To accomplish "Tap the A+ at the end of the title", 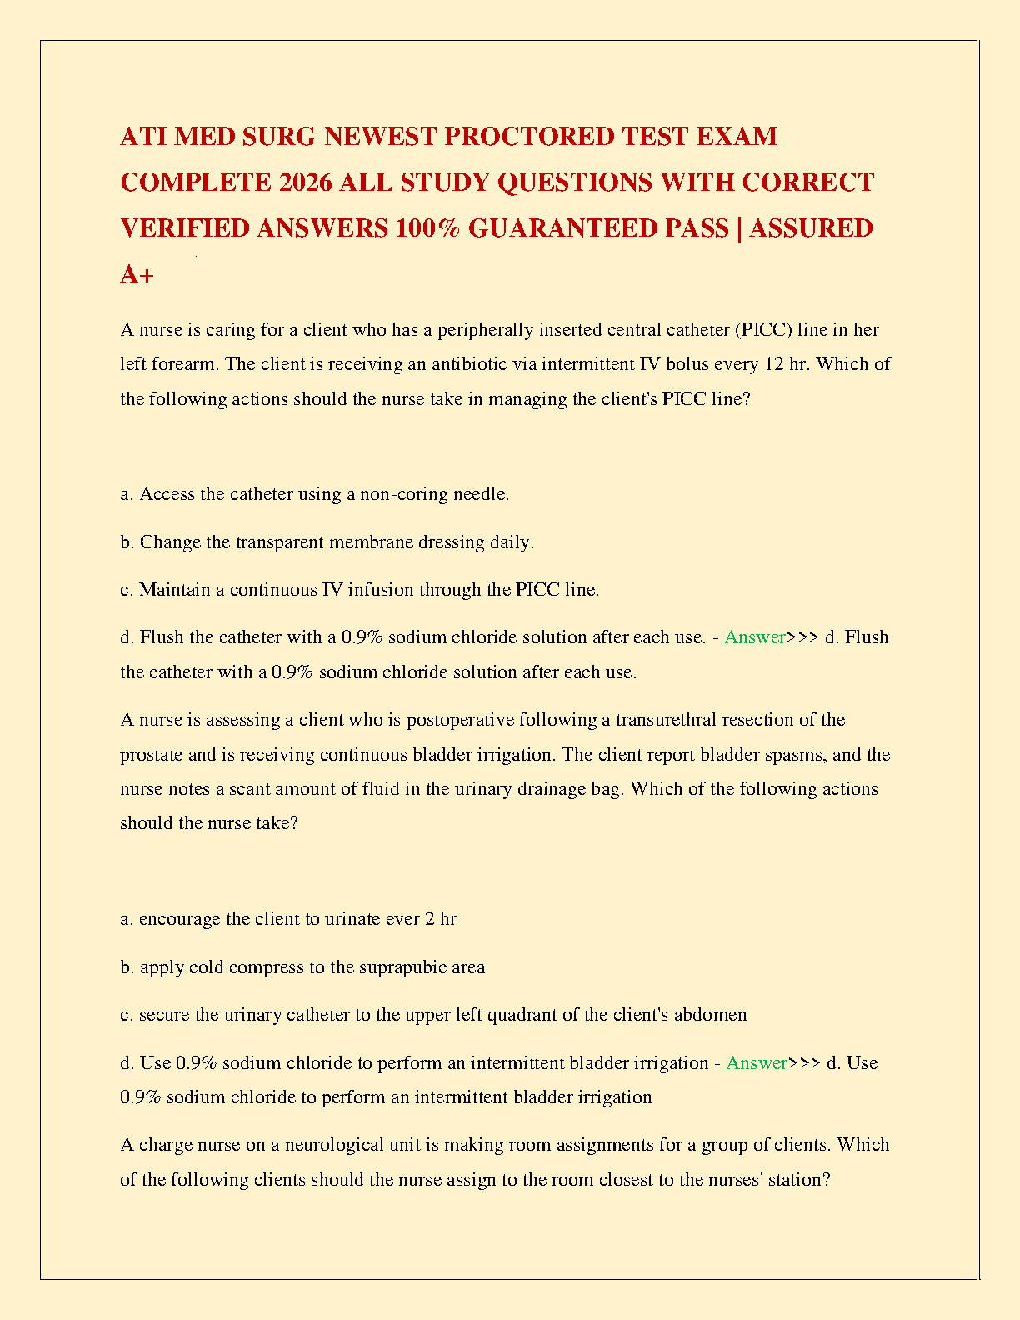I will [137, 274].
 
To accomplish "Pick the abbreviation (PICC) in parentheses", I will [762, 330].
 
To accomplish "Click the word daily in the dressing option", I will [509, 542].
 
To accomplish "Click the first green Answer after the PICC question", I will [754, 637].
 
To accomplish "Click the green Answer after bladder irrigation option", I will [756, 1063].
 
